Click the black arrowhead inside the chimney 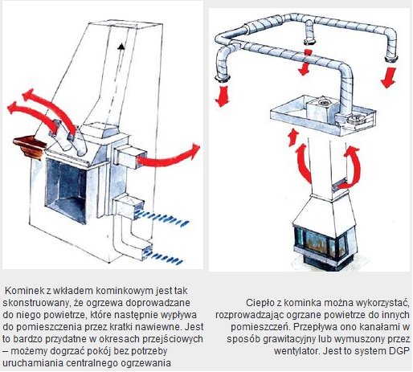pyautogui.click(x=121, y=47)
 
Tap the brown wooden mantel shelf pyautogui.click(x=31, y=147)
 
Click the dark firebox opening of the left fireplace pyautogui.click(x=67, y=190)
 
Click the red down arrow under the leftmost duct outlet pyautogui.click(x=222, y=96)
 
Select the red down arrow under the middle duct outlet pyautogui.click(x=305, y=63)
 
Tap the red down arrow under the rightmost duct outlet pyautogui.click(x=388, y=77)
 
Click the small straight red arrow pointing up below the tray pyautogui.click(x=293, y=137)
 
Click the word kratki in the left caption pyautogui.click(x=152, y=327)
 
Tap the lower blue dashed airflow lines pyautogui.click(x=163, y=256)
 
